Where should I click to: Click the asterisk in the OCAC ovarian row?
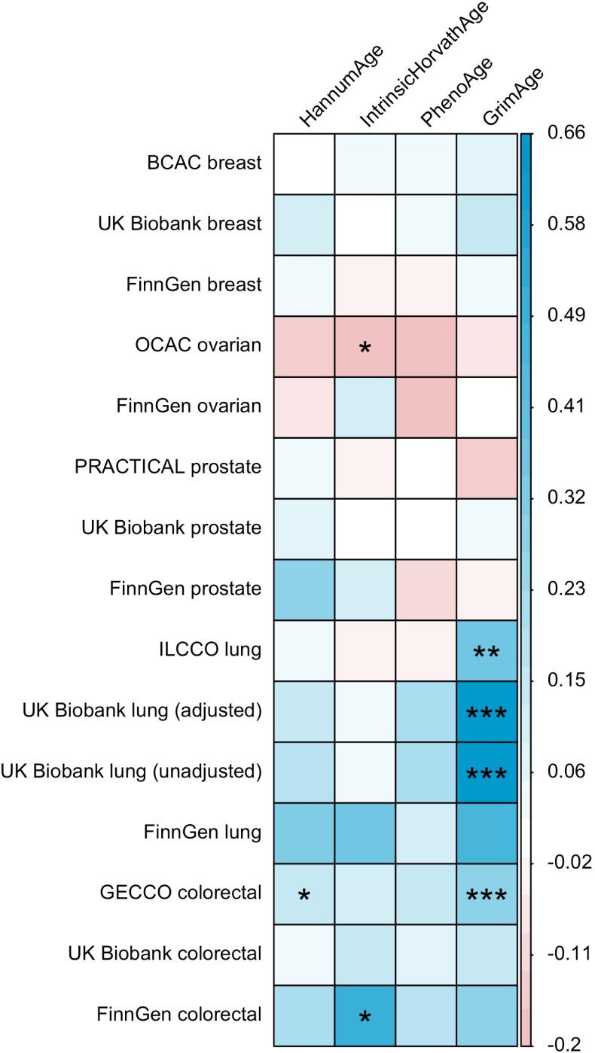[x=365, y=350]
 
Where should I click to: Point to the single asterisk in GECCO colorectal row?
[x=304, y=896]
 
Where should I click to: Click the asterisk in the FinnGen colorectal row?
[x=365, y=1018]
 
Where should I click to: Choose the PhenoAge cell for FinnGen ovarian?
[x=427, y=406]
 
